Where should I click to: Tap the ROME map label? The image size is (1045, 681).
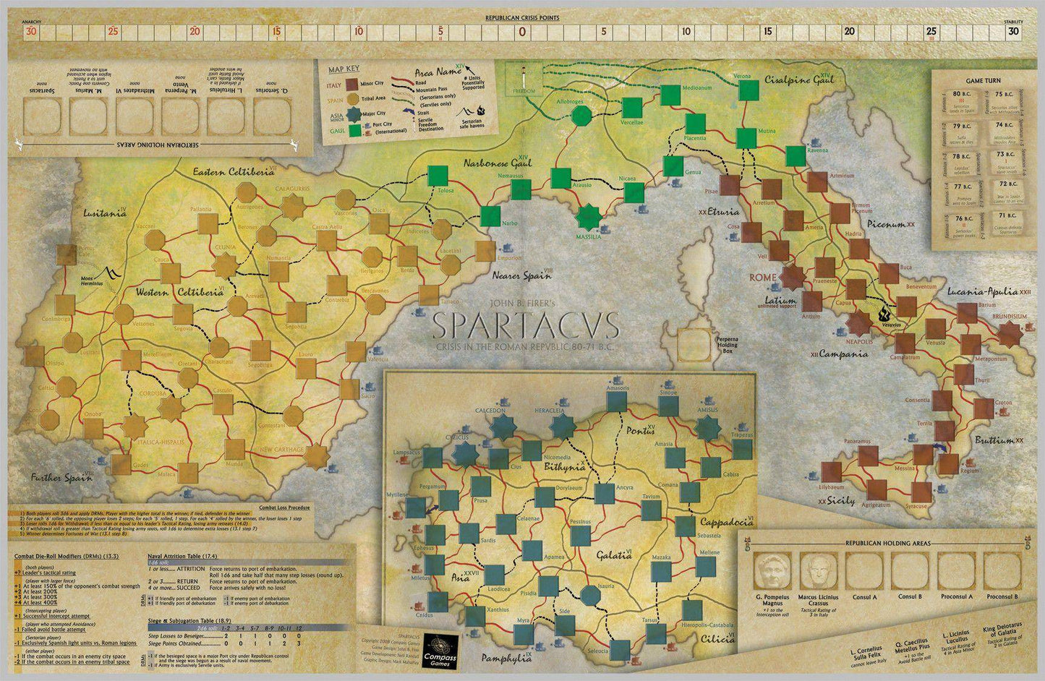pyautogui.click(x=762, y=278)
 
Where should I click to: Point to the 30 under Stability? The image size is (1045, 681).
pyautogui.click(x=1014, y=31)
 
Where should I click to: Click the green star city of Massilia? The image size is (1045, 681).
pyautogui.click(x=588, y=215)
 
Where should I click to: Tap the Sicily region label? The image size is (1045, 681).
pyautogui.click(x=839, y=500)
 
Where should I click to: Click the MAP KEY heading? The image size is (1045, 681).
pyautogui.click(x=344, y=69)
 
